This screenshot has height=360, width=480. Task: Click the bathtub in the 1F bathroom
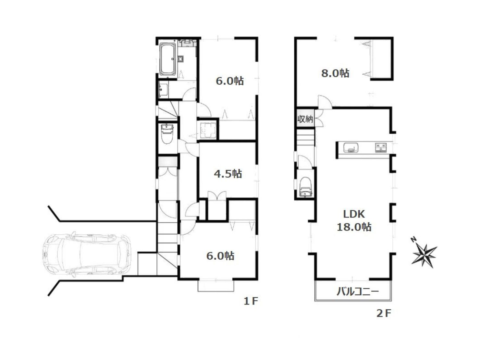click(167, 59)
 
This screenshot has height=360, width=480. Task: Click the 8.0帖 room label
click(335, 73)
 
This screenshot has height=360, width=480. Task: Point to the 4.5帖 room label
click(228, 174)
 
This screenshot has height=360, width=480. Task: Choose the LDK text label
click(354, 214)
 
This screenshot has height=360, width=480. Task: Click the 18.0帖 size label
click(354, 227)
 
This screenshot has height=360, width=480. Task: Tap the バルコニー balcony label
click(357, 291)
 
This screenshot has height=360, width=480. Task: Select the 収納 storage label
click(305, 119)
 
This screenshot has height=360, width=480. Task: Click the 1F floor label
click(251, 301)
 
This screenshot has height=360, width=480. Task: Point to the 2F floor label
click(384, 313)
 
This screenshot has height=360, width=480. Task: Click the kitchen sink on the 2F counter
click(351, 147)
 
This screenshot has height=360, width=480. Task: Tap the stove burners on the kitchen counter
click(381, 148)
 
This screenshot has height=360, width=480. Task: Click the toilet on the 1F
click(167, 134)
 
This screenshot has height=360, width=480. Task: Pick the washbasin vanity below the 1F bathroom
click(163, 90)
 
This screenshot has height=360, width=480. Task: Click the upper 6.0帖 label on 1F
click(229, 81)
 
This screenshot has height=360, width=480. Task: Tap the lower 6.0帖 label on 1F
click(220, 256)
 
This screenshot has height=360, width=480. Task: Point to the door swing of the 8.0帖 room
click(325, 102)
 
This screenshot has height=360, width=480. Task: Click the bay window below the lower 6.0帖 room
click(215, 286)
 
